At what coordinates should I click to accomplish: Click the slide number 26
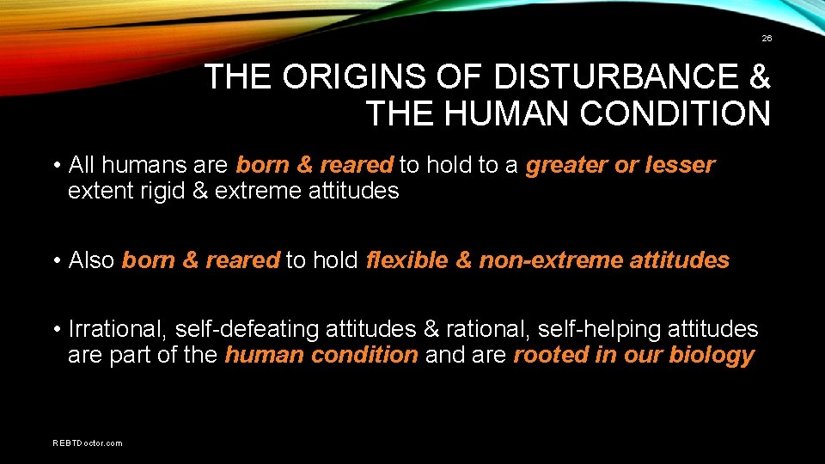[x=766, y=39]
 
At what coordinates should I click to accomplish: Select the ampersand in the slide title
[x=759, y=78]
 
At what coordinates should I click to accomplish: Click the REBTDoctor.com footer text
[x=88, y=443]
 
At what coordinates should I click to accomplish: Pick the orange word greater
[x=566, y=165]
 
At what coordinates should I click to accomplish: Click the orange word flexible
[x=406, y=259]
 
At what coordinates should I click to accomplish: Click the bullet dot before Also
[x=56, y=260]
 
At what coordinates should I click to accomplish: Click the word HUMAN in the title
[x=512, y=113]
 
